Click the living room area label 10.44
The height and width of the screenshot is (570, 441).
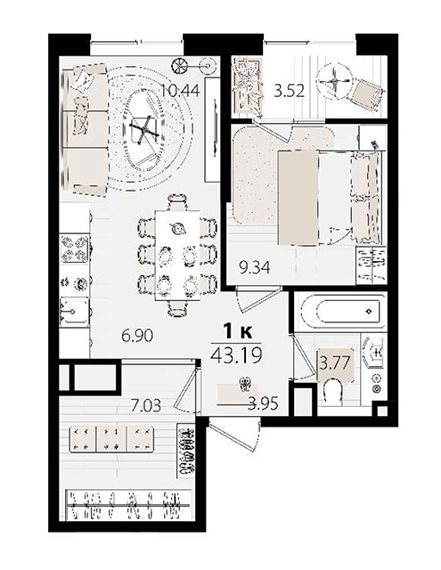180,89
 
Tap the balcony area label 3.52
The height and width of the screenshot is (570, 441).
289,91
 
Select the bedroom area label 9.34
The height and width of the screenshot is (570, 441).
255,267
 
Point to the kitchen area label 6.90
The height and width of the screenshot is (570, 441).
137,335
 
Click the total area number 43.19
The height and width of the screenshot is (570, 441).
236,354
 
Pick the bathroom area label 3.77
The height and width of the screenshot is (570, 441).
334,362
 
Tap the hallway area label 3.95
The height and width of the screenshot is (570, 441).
263,403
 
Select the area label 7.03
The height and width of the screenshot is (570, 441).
146,405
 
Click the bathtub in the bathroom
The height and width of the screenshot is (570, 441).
340,312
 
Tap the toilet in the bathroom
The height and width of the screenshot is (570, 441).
332,392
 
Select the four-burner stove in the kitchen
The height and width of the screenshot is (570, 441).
75,248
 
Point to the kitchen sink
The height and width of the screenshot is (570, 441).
75,311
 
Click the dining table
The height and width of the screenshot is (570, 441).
177,256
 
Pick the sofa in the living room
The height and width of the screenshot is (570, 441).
85,130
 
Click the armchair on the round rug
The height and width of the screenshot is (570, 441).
144,128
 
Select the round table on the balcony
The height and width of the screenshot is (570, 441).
334,81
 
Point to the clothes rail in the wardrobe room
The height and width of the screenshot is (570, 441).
129,506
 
